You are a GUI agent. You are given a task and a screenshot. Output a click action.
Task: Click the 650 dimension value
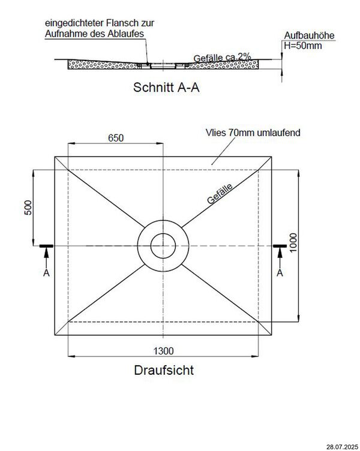(116, 137)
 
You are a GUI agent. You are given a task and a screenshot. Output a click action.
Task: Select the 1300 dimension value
(163, 350)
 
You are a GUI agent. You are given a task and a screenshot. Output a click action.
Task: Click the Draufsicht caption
(163, 370)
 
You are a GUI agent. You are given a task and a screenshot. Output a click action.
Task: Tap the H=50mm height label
(304, 46)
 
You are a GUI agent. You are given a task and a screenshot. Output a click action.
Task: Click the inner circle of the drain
(163, 246)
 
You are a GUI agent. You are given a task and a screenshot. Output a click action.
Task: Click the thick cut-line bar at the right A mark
(280, 246)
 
